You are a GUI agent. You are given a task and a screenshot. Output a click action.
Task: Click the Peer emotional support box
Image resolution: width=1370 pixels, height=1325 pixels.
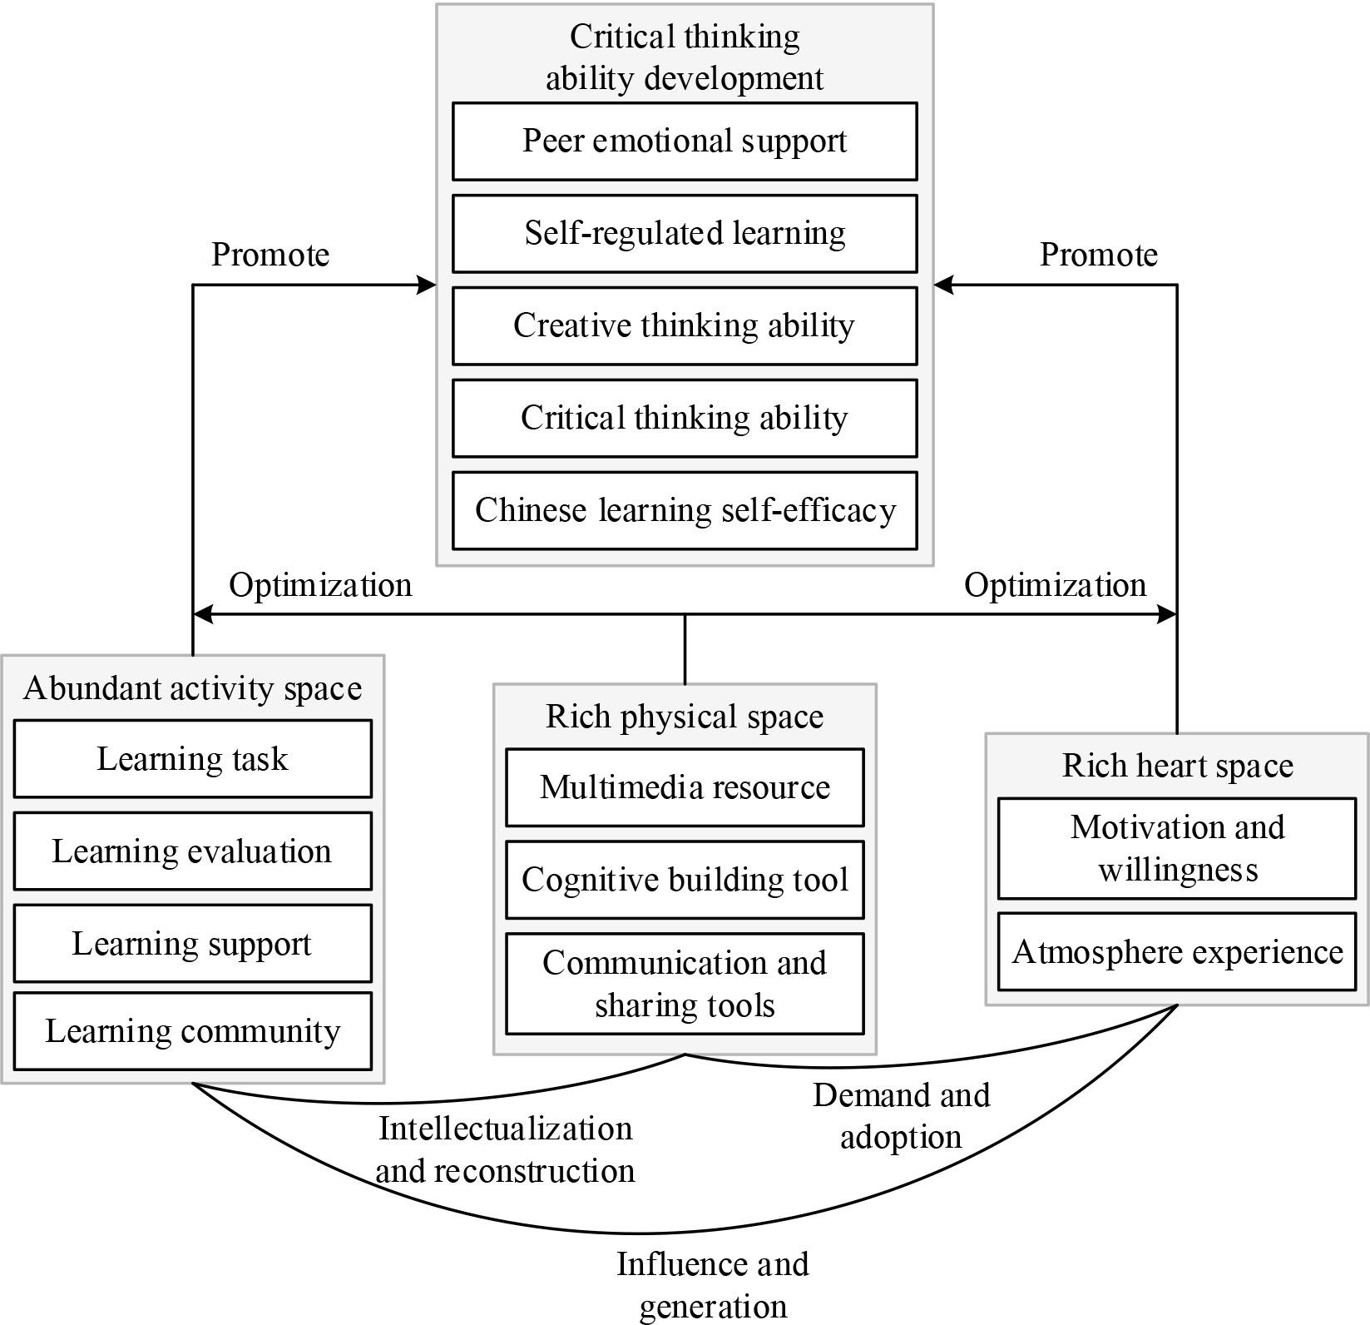[x=685, y=141]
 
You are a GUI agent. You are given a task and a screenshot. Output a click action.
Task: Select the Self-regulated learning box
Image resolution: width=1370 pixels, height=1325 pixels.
[x=685, y=234]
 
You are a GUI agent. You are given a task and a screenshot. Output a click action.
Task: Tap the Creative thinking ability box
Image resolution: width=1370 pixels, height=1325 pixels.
[x=685, y=326]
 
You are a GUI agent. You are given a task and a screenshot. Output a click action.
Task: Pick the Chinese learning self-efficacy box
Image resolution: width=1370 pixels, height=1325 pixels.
[x=685, y=510]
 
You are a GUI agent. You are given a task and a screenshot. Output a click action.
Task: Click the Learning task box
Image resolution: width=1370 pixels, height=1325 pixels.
[x=192, y=759]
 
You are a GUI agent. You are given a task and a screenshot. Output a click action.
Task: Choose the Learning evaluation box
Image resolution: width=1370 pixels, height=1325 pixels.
[x=192, y=851]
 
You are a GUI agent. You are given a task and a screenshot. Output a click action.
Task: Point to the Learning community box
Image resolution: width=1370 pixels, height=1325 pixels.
[x=192, y=1031]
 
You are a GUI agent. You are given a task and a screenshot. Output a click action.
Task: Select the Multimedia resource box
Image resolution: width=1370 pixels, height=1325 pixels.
[x=685, y=787]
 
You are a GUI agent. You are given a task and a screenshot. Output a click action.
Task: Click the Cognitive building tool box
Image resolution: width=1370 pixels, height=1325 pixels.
[x=685, y=880]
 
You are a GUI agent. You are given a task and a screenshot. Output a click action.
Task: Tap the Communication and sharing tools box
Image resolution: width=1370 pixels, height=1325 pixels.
[x=685, y=984]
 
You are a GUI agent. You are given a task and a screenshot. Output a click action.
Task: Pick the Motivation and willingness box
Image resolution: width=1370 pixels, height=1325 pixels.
[x=1177, y=849]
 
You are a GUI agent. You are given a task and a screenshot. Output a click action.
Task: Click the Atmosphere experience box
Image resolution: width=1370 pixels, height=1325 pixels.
[x=1177, y=952]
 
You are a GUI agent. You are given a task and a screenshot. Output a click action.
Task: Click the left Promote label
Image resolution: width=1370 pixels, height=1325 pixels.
[x=270, y=255]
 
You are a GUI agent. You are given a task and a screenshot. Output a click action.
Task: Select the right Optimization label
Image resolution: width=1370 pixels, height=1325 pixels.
[x=1055, y=586]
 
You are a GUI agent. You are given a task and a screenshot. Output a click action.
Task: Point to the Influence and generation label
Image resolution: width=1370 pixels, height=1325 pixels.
[x=713, y=1285]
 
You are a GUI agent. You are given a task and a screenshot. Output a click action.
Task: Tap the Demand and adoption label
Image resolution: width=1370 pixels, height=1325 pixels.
[x=901, y=1116]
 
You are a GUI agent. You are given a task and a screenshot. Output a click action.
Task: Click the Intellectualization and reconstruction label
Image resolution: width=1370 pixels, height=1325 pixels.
[x=505, y=1150]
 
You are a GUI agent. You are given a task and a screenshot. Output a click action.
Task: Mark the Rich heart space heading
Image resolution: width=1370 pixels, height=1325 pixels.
[x=1177, y=766]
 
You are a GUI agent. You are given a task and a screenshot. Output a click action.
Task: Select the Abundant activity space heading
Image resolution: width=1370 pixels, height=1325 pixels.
[x=192, y=689]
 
